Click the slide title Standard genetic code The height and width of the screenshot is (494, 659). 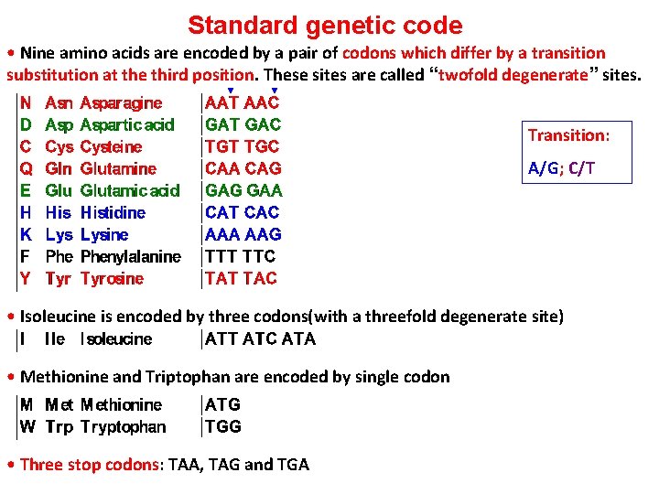click(x=325, y=26)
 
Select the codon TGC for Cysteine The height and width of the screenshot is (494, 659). click(x=263, y=146)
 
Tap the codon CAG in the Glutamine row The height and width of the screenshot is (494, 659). click(x=264, y=168)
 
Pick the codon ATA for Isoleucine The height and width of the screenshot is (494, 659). click(x=299, y=339)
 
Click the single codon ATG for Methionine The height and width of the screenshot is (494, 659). click(x=223, y=404)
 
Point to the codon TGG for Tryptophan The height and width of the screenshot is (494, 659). click(x=224, y=426)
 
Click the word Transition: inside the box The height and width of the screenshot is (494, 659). click(x=568, y=135)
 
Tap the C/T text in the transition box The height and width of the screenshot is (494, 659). click(x=582, y=168)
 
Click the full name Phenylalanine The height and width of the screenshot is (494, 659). click(x=131, y=256)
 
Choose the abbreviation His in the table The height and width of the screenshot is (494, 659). click(x=58, y=212)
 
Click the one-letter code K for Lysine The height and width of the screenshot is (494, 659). click(x=26, y=234)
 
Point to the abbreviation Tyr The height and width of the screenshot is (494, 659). click(x=58, y=278)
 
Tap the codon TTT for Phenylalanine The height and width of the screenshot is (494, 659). click(x=221, y=256)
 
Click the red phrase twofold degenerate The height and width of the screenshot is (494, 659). click(x=513, y=75)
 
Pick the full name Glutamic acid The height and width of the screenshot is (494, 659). click(x=130, y=190)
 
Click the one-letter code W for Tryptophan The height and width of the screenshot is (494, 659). click(x=27, y=426)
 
